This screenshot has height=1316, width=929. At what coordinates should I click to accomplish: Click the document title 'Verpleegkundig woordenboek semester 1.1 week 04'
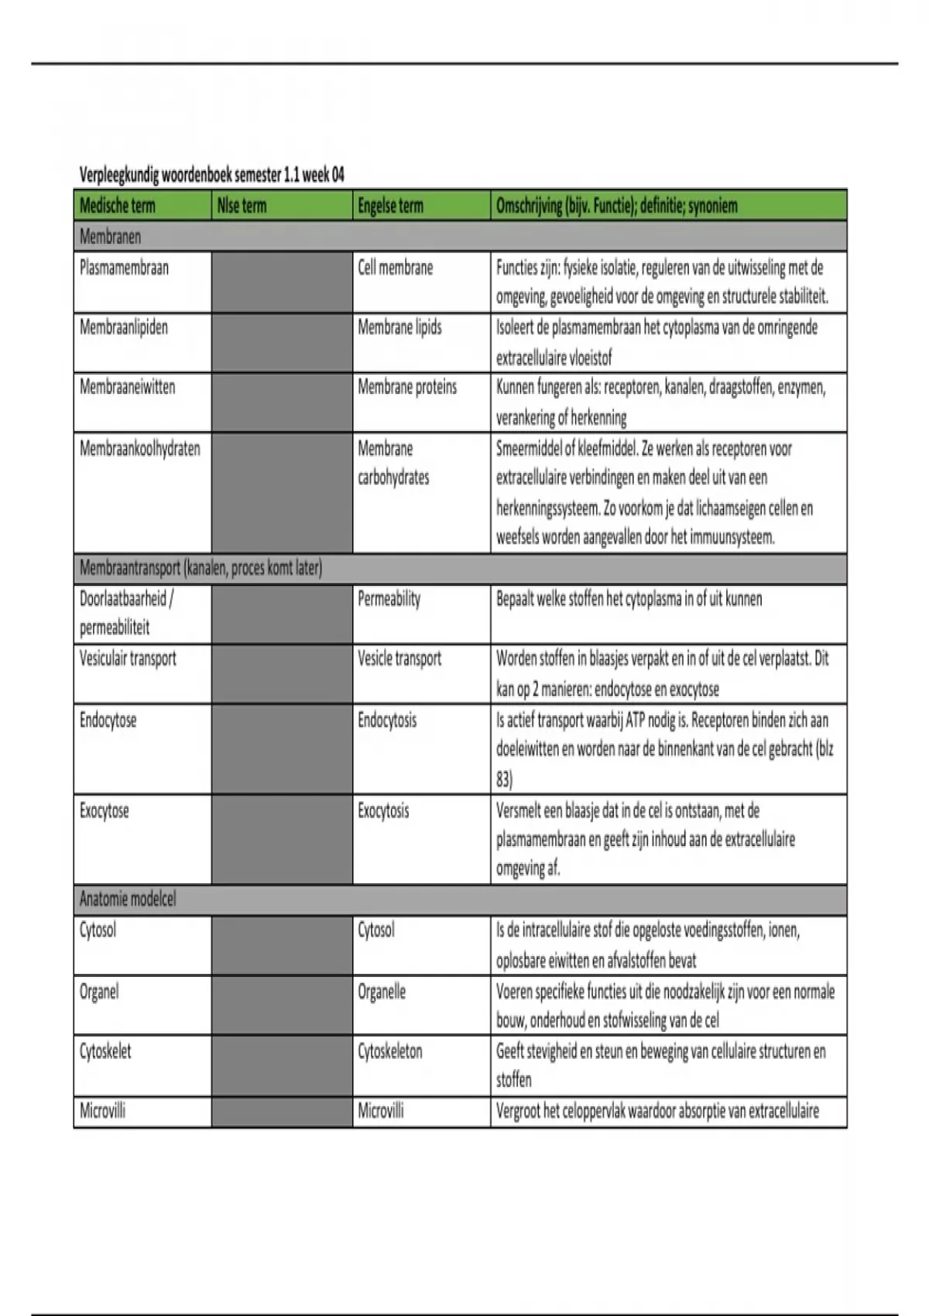pos(211,175)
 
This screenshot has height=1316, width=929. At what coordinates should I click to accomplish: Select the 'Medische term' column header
pos(118,206)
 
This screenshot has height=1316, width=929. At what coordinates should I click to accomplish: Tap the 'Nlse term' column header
pos(242,206)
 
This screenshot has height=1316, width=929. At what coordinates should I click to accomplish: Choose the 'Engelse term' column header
pos(390,206)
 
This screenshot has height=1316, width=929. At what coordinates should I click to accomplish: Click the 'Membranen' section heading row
pos(111,237)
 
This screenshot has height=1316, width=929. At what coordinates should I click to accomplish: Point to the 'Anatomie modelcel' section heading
pos(128,900)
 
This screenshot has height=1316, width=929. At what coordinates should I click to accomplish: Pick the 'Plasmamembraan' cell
pos(124,268)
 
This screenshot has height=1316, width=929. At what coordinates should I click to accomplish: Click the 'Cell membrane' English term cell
pos(395,268)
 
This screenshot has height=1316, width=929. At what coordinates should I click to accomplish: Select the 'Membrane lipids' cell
pos(399,327)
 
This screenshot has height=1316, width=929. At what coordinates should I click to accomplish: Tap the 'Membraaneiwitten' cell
pos(127,387)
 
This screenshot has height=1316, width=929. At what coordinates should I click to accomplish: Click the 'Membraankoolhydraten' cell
pos(139,448)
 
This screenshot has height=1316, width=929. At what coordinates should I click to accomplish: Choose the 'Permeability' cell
pos(389,598)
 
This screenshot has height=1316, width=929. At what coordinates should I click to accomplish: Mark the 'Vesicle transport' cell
pos(399,659)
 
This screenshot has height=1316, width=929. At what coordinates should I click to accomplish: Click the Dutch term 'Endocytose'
pos(108,720)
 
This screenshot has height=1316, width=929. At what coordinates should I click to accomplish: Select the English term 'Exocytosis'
pos(383,811)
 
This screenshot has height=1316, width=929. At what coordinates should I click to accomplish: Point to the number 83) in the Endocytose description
pos(504,779)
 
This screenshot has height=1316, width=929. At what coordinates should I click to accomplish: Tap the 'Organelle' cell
pos(382,992)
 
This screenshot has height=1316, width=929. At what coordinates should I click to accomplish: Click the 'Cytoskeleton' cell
pos(390,1051)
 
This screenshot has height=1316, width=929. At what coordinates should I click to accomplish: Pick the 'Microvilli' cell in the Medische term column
pos(102,1111)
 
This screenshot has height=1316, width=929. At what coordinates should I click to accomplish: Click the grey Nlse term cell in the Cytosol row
pos(282,945)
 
